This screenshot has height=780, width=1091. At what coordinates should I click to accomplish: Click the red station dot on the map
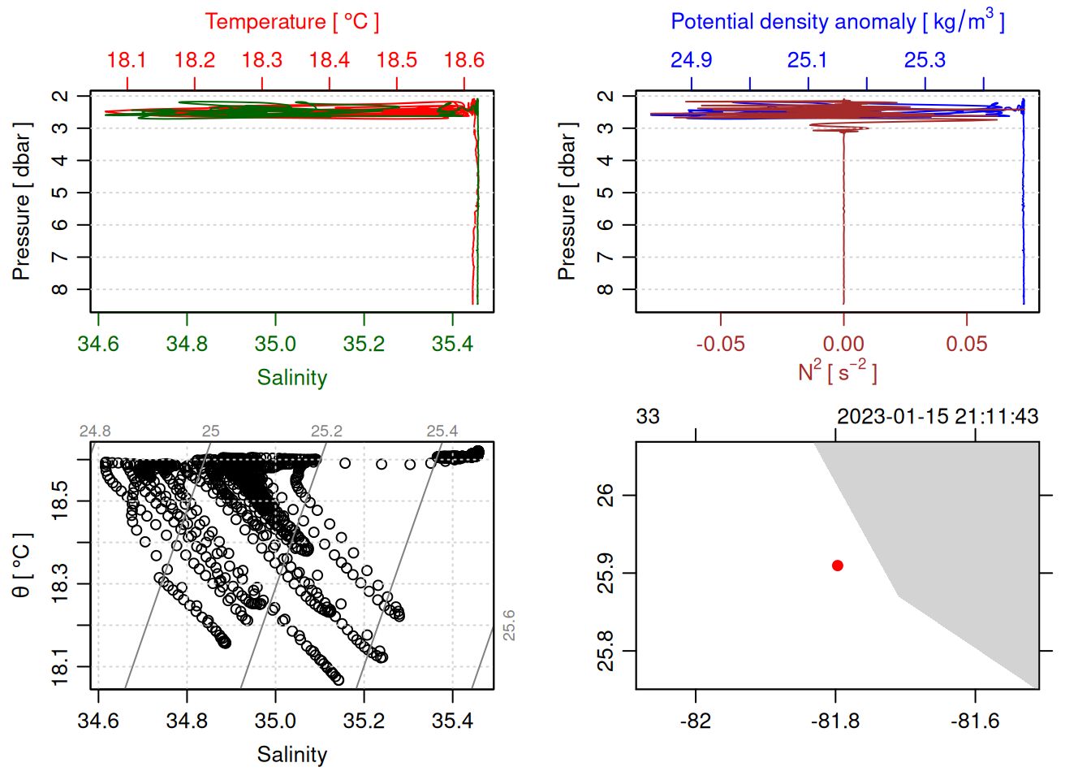(837, 565)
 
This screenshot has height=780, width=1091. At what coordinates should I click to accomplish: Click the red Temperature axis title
(291, 22)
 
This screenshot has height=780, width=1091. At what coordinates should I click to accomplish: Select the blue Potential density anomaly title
(837, 21)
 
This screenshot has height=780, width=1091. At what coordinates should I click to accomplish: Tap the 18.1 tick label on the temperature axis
(127, 60)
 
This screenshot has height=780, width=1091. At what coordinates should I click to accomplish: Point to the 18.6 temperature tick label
(464, 60)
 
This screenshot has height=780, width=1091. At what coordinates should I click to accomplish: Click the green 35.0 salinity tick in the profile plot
(275, 344)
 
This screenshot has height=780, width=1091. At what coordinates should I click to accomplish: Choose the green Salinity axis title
(291, 378)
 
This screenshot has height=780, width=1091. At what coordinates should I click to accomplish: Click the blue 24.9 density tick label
(691, 60)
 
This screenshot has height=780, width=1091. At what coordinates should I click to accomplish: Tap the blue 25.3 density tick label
(925, 60)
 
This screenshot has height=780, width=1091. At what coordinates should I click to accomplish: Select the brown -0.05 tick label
(720, 344)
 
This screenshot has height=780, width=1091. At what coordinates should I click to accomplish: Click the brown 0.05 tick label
(966, 344)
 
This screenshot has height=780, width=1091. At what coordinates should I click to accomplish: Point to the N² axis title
(837, 372)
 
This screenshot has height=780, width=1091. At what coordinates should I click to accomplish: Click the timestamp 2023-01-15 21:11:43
(937, 417)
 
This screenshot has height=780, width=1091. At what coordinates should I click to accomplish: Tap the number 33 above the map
(648, 417)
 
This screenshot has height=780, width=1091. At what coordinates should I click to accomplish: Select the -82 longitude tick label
(696, 721)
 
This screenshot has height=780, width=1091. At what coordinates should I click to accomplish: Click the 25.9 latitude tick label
(606, 574)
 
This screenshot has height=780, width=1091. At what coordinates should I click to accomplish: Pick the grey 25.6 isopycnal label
(509, 626)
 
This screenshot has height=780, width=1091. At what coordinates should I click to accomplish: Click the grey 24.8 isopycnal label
(95, 431)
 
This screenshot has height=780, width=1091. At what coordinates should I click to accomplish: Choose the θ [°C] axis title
(22, 565)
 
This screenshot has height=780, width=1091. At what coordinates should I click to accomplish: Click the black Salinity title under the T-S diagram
(291, 755)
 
